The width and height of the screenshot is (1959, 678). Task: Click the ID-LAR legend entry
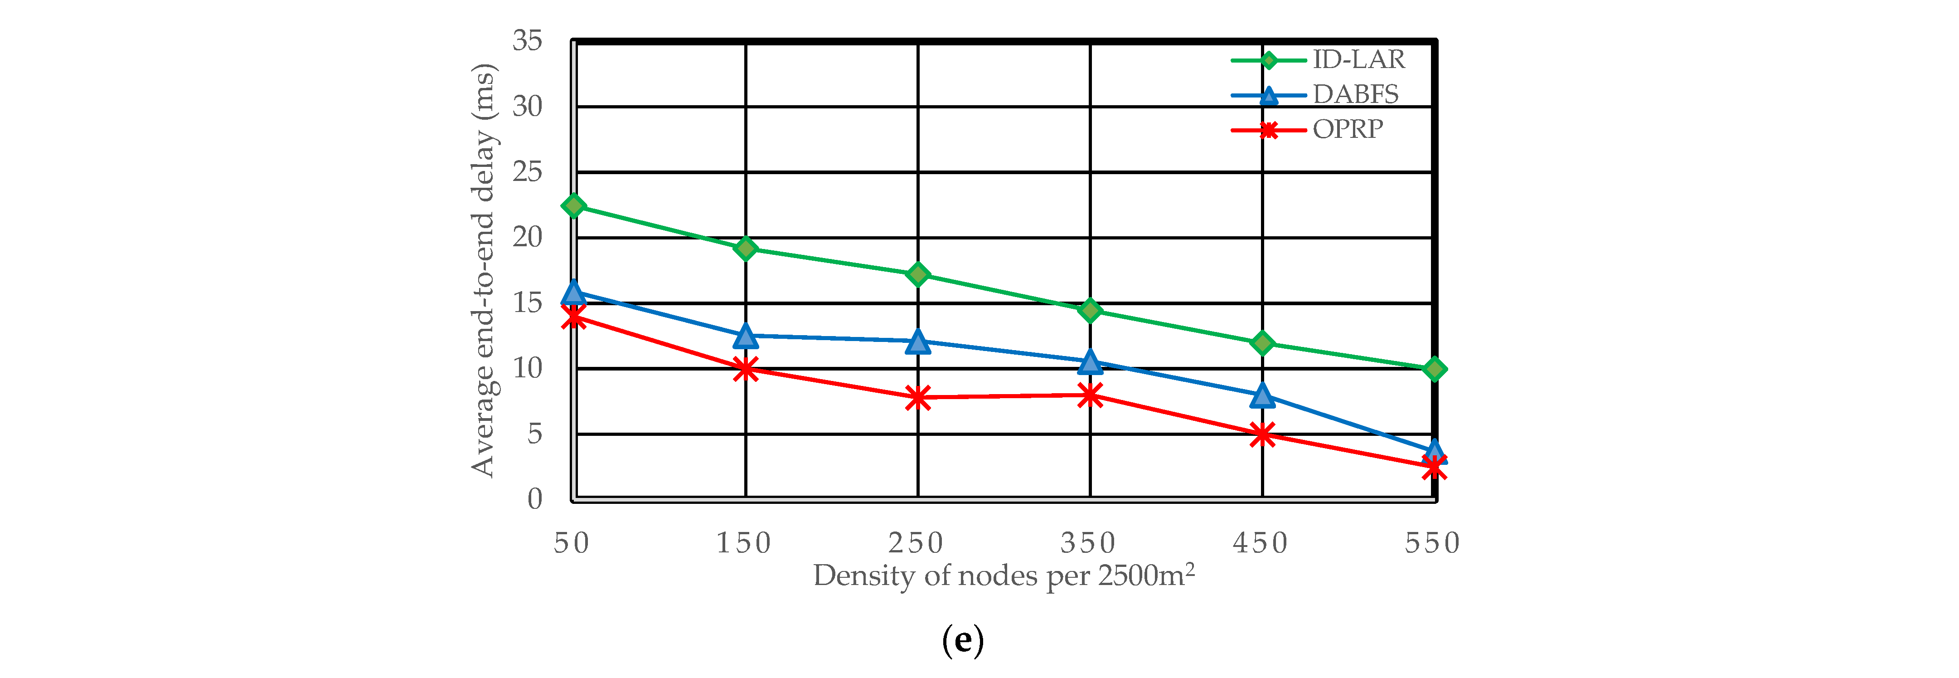[x=1358, y=59]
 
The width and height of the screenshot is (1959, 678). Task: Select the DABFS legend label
[x=1355, y=94]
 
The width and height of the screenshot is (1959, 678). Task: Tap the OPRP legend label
[x=1348, y=129]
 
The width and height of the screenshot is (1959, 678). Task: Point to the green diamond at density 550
[x=1434, y=370]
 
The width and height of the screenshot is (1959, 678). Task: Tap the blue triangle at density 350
[x=1090, y=362]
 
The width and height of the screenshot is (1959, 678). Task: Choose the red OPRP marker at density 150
[x=745, y=369]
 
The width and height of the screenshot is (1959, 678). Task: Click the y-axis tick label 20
[x=527, y=238]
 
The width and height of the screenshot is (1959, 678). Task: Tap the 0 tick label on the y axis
[x=534, y=499]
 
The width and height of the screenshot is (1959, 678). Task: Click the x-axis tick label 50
[x=572, y=543]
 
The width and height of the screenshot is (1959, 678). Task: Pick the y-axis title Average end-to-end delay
[x=484, y=270]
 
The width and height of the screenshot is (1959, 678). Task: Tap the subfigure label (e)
[x=963, y=641]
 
